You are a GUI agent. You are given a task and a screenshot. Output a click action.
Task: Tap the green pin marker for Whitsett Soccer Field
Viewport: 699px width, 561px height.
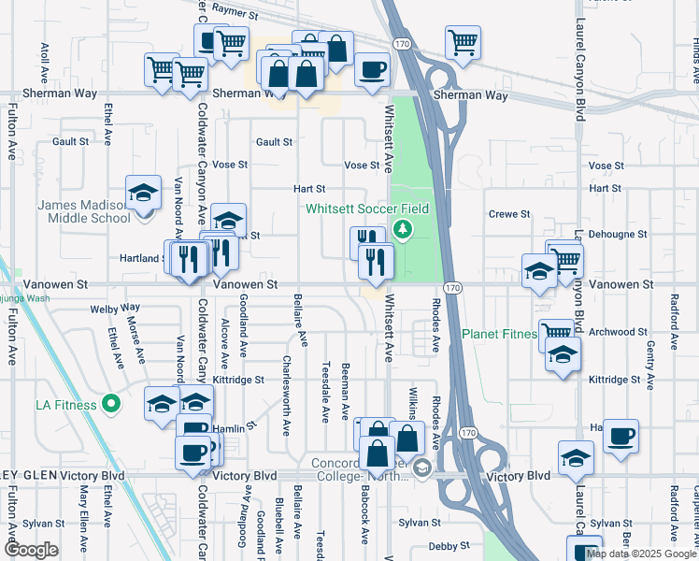pos(403,229)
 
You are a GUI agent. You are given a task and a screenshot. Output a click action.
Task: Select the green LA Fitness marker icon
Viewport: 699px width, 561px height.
pos(111,405)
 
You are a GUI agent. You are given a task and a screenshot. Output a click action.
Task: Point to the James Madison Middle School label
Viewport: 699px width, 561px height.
pos(82,211)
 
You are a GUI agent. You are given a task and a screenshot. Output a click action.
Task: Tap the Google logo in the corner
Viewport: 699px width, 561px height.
pos(30,550)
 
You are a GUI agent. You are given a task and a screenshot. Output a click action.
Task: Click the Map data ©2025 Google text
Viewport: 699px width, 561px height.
pos(640,554)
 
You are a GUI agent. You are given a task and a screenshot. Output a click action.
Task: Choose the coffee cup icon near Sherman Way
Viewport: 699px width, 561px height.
pos(372,69)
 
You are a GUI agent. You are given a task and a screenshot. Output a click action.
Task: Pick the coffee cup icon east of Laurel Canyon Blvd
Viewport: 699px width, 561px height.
pos(621,436)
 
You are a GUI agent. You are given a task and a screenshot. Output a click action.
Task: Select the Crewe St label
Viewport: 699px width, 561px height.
pos(509,214)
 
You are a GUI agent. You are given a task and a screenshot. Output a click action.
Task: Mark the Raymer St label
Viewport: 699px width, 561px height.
pos(235,12)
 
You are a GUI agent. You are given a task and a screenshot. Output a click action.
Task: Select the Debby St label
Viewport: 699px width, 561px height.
pos(447,546)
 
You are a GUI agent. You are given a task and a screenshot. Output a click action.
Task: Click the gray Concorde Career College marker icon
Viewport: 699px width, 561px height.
pos(421,468)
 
